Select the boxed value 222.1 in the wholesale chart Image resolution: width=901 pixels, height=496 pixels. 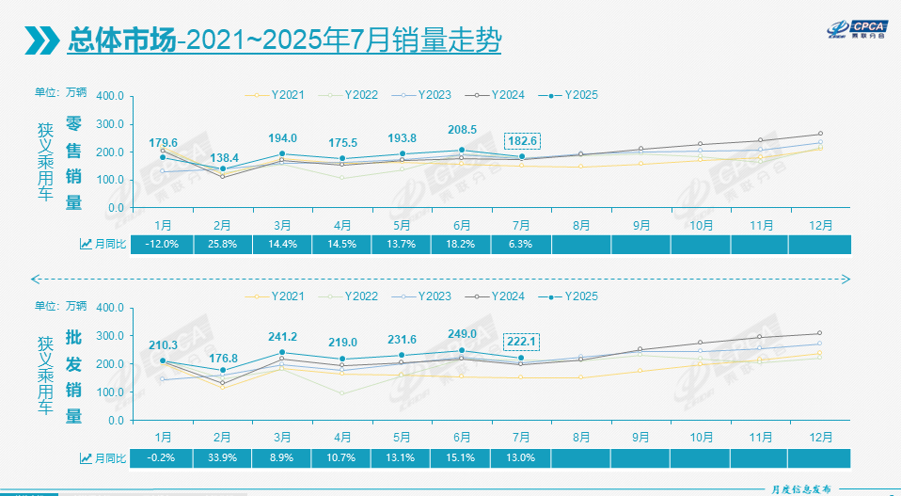(x=521, y=342)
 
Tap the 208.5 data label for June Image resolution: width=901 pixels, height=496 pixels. (x=462, y=131)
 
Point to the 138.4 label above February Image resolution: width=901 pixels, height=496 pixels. (x=223, y=157)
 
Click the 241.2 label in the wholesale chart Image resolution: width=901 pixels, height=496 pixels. (x=282, y=336)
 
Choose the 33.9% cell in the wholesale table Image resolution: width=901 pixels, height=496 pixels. (x=223, y=457)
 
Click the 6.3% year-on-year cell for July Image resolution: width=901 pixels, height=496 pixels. (x=521, y=244)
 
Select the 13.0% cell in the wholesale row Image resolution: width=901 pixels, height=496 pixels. (x=521, y=457)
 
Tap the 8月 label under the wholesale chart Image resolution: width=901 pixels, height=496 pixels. (x=580, y=438)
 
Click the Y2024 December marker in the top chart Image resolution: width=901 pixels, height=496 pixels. (x=819, y=134)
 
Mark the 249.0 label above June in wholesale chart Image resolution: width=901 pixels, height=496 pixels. (x=462, y=333)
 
